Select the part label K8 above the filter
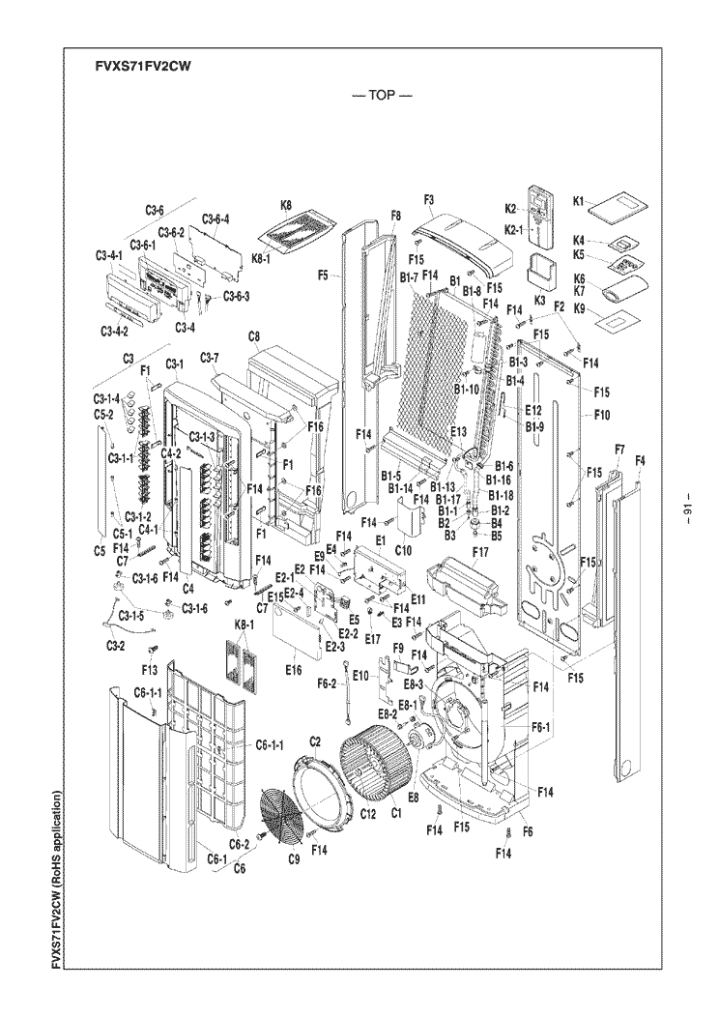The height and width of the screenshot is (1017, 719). (x=286, y=205)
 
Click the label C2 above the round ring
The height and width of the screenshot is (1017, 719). (x=315, y=739)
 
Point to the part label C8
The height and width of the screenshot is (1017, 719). (x=254, y=335)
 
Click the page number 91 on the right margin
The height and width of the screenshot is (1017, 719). (x=687, y=510)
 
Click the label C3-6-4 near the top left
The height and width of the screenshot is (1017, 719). (x=216, y=218)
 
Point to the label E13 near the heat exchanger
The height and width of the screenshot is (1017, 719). (x=458, y=431)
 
